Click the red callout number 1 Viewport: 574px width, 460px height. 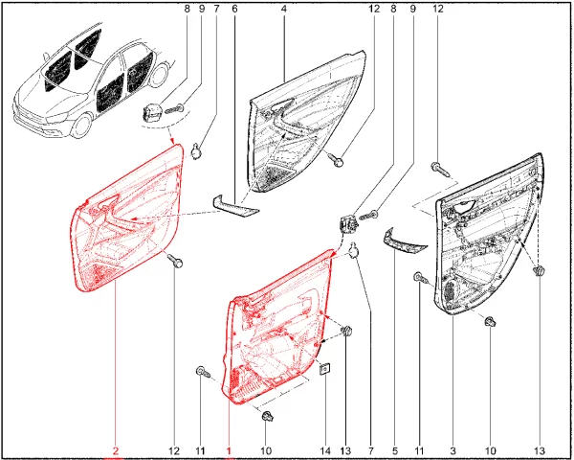(x=230, y=450)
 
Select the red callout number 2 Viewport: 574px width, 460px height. (x=116, y=450)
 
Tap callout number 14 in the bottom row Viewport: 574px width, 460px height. (x=325, y=450)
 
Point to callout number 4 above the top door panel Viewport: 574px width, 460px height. (x=284, y=8)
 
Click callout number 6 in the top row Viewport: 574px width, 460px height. (x=234, y=8)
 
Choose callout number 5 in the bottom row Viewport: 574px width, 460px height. (x=394, y=450)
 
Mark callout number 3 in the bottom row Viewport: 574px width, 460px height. (x=453, y=450)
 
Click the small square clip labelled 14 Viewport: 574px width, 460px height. (x=325, y=368)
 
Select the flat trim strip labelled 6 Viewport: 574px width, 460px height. (x=235, y=207)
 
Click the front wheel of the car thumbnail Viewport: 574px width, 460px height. (x=81, y=126)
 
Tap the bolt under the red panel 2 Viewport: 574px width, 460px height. (x=175, y=261)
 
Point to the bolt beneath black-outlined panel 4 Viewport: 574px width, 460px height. (x=336, y=160)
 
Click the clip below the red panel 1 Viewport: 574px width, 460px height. (x=268, y=416)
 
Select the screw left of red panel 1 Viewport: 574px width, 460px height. (x=203, y=372)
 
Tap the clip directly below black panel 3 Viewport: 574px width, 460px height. (x=490, y=322)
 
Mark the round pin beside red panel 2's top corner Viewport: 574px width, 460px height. (x=197, y=151)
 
